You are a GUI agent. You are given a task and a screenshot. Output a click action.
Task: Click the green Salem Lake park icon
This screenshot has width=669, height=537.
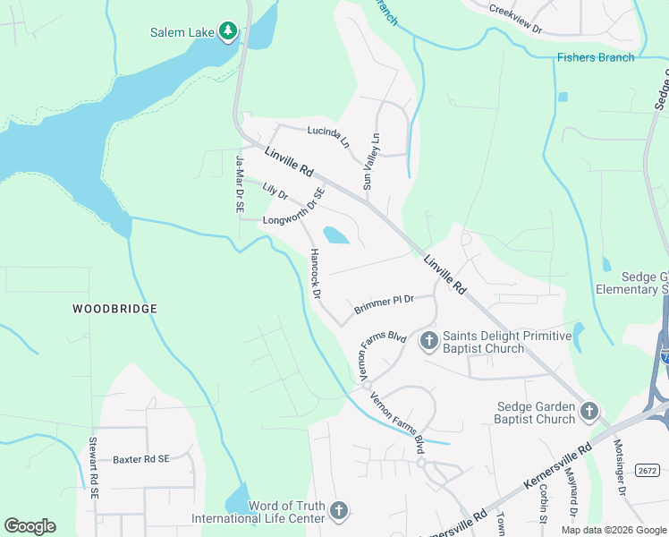click(x=229, y=32)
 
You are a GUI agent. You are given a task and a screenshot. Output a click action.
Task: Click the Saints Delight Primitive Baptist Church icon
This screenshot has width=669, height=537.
click(x=428, y=339)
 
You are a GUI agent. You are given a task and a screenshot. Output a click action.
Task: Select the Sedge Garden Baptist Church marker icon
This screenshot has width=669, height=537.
click(x=589, y=412)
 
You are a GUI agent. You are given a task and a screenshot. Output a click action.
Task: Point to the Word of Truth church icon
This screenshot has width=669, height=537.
click(x=338, y=510)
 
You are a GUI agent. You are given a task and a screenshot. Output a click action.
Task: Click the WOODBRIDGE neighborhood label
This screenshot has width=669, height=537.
click(x=114, y=309)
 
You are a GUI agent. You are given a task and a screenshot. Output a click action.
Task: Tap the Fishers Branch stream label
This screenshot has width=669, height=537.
click(x=595, y=57)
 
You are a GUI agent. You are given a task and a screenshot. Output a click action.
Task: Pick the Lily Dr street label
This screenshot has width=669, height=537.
click(x=275, y=192)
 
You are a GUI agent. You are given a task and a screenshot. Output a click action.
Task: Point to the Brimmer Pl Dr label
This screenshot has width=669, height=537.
click(x=384, y=304)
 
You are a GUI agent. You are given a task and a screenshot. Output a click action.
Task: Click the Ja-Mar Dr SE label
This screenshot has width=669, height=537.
click(x=240, y=183)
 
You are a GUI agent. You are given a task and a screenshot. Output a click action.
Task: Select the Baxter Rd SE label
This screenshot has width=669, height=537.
click(x=140, y=459)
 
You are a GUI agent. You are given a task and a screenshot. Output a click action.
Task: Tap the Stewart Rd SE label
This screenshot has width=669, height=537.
click(x=92, y=467)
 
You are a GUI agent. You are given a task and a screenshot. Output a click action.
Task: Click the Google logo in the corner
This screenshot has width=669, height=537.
click(x=30, y=526)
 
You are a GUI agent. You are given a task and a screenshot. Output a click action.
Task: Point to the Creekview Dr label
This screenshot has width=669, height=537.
click(x=516, y=19)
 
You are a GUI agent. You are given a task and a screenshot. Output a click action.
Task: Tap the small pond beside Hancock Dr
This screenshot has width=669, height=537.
click(x=335, y=235)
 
